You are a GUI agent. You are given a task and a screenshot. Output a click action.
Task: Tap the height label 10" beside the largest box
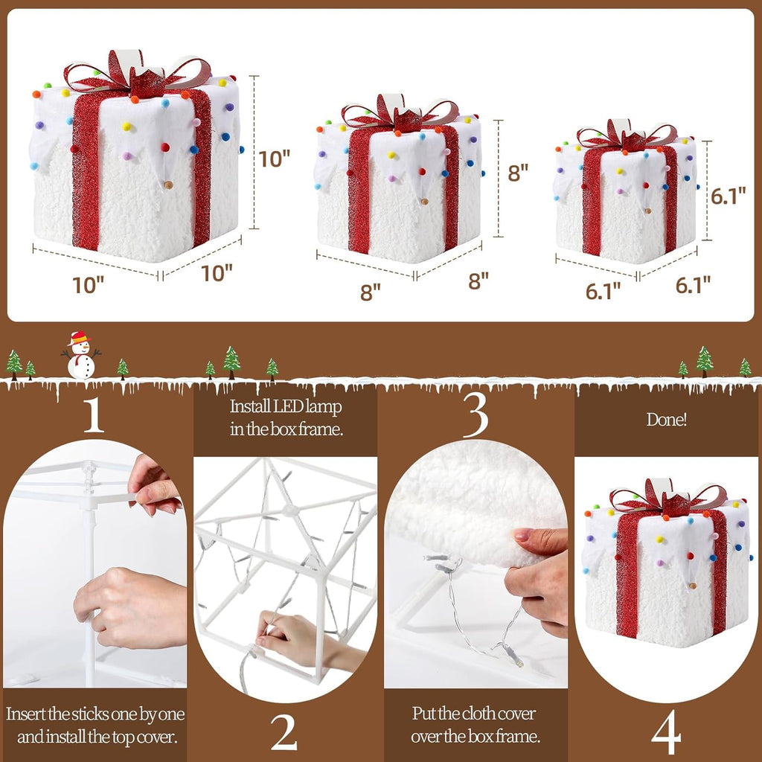(x=274, y=159)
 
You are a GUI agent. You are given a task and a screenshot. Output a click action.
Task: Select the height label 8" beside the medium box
(x=518, y=173)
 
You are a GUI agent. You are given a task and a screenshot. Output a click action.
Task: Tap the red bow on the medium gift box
(x=400, y=115)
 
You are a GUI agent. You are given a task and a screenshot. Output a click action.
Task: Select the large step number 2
(x=284, y=733)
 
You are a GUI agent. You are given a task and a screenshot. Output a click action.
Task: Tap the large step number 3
(x=476, y=418)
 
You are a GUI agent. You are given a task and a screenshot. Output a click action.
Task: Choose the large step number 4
(x=666, y=734)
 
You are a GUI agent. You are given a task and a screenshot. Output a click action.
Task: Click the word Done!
(x=667, y=420)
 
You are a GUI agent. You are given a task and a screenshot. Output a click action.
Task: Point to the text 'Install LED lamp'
(x=285, y=407)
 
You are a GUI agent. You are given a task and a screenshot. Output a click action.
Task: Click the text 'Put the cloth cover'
(x=475, y=714)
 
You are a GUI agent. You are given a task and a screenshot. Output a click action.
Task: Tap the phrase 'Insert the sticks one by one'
(x=96, y=714)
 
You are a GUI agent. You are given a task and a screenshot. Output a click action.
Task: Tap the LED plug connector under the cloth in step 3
(x=513, y=656)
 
